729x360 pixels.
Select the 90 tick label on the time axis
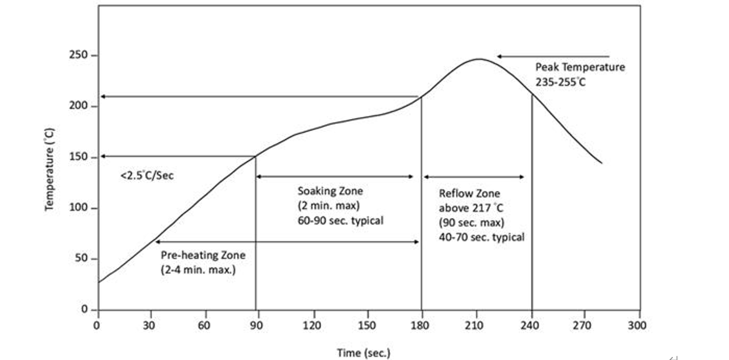[x=256, y=326]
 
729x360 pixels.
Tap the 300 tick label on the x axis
[x=637, y=326]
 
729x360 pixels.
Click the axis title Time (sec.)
[x=363, y=353]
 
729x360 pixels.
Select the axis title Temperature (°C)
[x=50, y=170]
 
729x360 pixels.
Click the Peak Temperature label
[x=580, y=67]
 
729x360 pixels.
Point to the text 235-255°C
[x=561, y=81]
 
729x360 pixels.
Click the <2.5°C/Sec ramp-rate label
[x=147, y=176]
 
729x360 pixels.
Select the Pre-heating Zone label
[x=203, y=256]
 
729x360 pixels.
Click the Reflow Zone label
[x=469, y=194]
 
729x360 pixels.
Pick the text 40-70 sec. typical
[x=482, y=237]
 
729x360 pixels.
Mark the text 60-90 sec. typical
[x=340, y=220]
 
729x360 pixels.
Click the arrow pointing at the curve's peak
[x=553, y=56]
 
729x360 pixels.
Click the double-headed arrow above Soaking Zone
[x=335, y=177]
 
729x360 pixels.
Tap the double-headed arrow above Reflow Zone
[x=474, y=177]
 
